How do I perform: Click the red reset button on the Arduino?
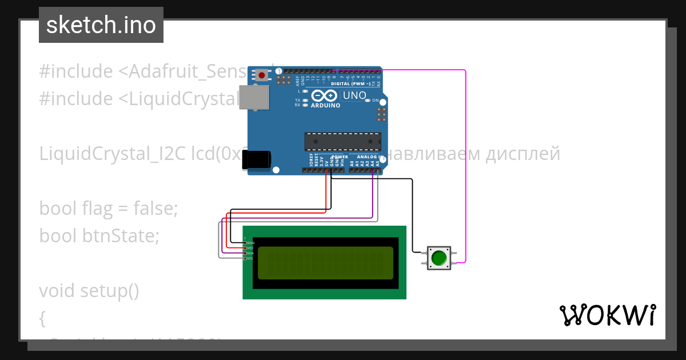click(x=262, y=75)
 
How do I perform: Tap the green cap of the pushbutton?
click(x=439, y=258)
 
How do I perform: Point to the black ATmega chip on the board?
click(x=342, y=141)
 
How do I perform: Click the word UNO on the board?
click(x=354, y=95)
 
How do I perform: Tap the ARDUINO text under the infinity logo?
click(x=325, y=105)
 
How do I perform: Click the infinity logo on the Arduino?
click(x=325, y=95)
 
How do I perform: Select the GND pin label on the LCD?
click(x=250, y=243)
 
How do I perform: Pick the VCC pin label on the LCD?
click(x=250, y=248)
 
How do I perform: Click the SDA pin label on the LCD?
click(x=250, y=253)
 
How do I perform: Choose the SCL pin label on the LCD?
click(x=250, y=258)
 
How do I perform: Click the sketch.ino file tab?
click(x=101, y=25)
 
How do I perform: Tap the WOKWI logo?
click(x=607, y=315)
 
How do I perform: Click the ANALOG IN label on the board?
click(x=370, y=156)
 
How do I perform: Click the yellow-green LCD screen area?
click(x=325, y=263)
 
